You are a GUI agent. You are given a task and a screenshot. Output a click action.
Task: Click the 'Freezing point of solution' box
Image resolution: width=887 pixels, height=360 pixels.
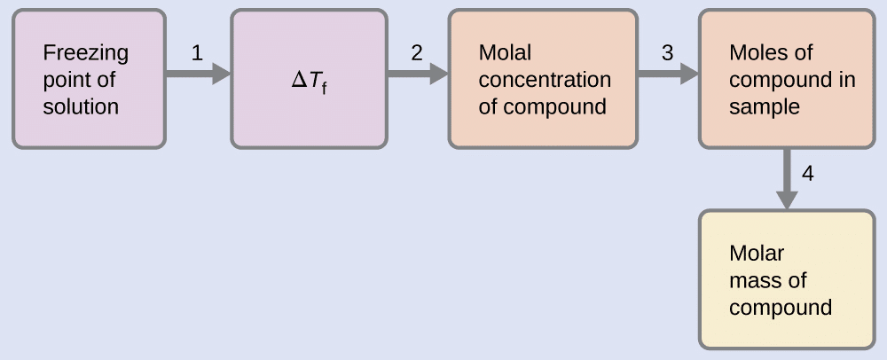89,79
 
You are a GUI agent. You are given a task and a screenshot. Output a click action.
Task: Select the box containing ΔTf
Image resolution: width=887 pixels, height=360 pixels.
309,79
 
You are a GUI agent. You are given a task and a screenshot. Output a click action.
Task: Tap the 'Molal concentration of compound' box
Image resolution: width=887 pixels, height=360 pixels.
543,79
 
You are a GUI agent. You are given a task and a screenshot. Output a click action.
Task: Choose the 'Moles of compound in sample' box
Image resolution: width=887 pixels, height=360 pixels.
792,79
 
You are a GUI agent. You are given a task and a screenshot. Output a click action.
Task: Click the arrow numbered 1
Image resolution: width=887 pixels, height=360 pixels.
198,74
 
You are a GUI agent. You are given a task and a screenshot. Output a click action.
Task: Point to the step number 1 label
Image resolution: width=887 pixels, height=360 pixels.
197,53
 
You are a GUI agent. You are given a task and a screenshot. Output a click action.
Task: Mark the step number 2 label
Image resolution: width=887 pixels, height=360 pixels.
416,53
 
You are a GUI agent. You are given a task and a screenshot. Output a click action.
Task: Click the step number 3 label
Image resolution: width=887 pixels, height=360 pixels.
667,53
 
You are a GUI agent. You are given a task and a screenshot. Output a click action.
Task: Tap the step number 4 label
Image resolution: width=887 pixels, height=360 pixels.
807,173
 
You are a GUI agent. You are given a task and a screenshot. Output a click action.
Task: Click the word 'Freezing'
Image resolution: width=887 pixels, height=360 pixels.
85,53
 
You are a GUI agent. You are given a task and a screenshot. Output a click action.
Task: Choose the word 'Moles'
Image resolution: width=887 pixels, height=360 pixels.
758,52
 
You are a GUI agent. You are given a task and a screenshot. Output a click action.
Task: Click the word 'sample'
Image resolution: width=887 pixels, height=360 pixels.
765,107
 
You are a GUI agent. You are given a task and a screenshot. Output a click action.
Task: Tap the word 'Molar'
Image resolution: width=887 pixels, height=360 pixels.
757,254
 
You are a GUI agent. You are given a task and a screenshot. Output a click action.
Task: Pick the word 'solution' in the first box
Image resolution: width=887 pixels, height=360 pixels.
81,107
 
